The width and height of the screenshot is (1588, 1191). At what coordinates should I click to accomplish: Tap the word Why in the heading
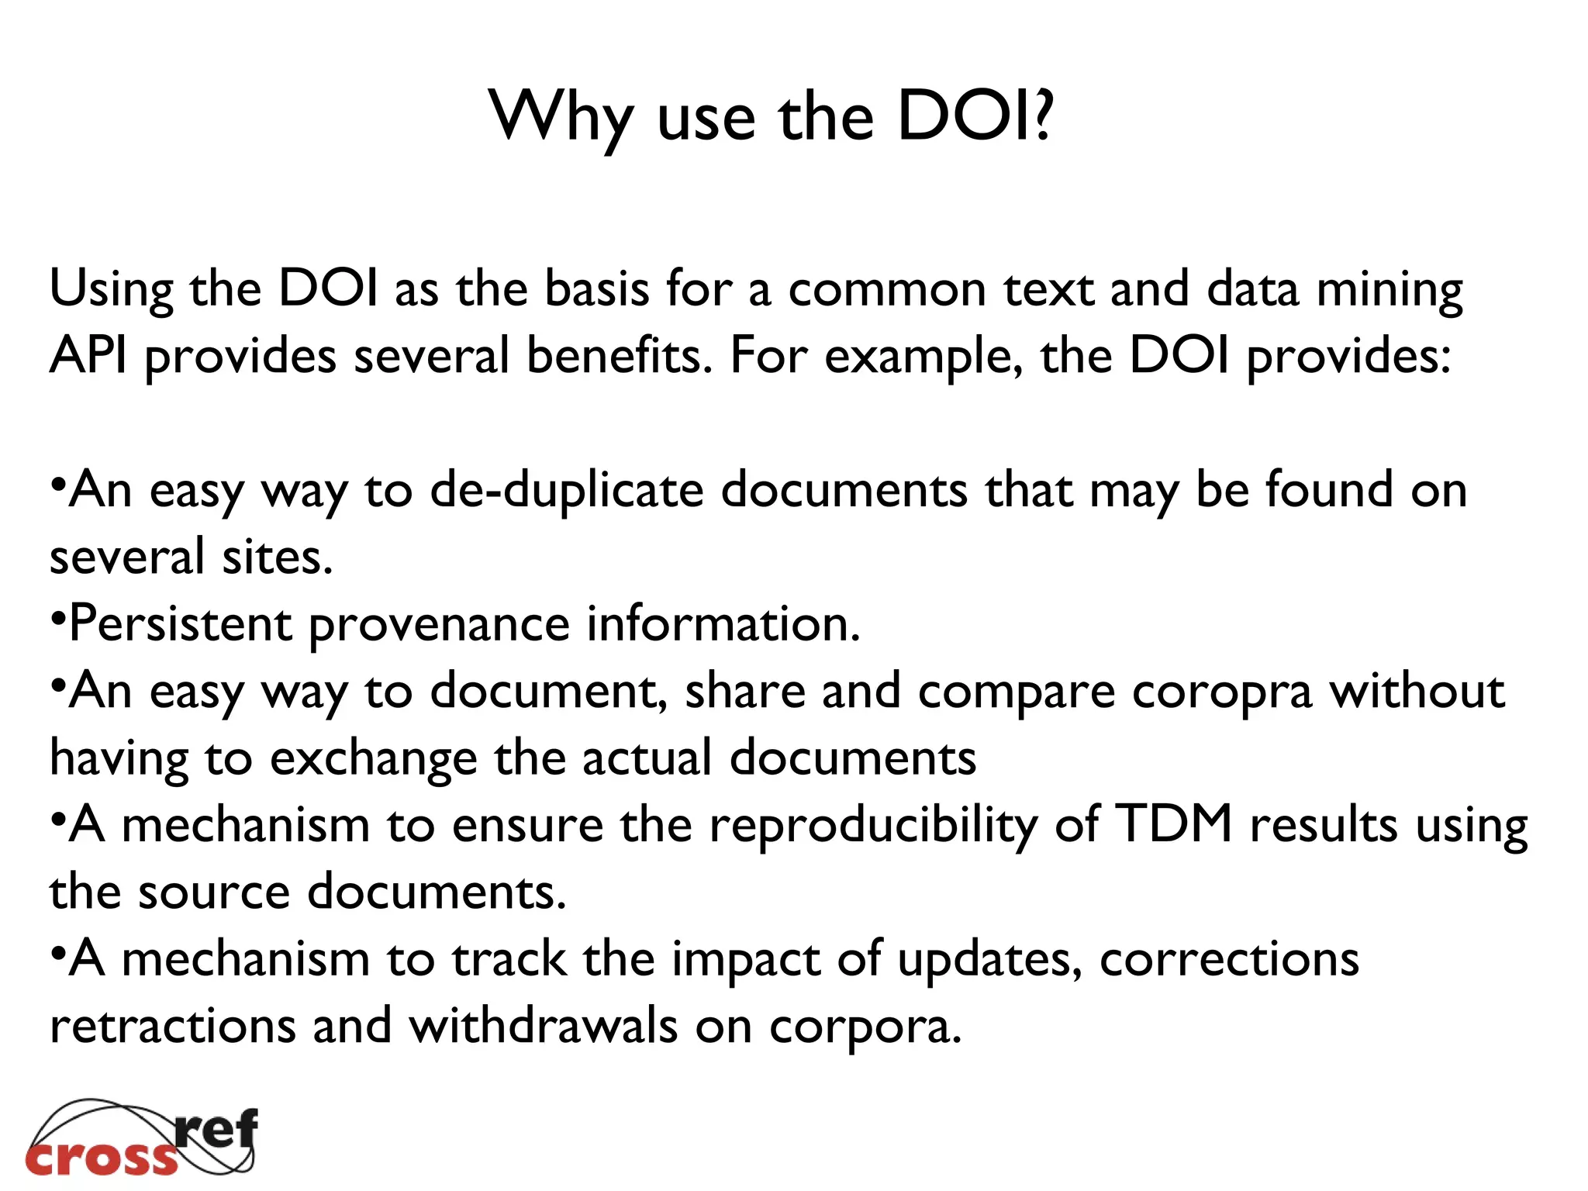(x=560, y=118)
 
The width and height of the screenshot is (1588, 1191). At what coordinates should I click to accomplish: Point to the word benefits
(x=619, y=356)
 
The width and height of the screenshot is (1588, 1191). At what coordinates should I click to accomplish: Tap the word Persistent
(x=181, y=624)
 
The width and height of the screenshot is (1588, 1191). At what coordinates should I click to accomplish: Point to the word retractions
(x=173, y=1026)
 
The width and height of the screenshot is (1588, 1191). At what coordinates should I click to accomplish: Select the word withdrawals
(x=544, y=1026)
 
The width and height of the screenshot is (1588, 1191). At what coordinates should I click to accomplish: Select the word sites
(x=278, y=558)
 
